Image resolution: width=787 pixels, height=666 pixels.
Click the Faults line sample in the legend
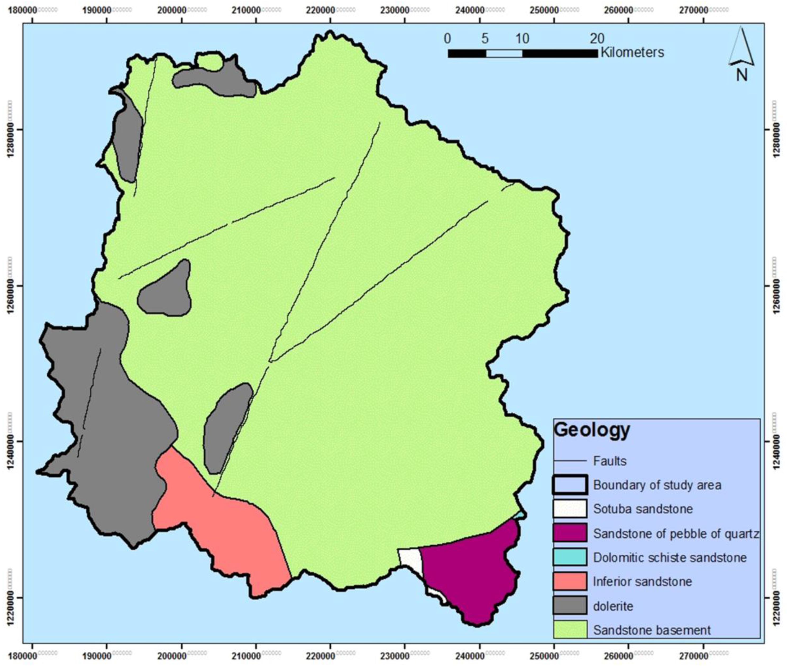[570, 461]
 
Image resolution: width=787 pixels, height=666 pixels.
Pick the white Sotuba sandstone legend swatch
[570, 509]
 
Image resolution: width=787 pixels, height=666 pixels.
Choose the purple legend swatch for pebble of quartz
[570, 533]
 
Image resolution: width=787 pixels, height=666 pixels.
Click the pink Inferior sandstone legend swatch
[570, 581]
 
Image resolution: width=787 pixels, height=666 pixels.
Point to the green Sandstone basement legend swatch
[570, 629]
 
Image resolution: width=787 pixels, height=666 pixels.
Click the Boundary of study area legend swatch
[570, 485]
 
